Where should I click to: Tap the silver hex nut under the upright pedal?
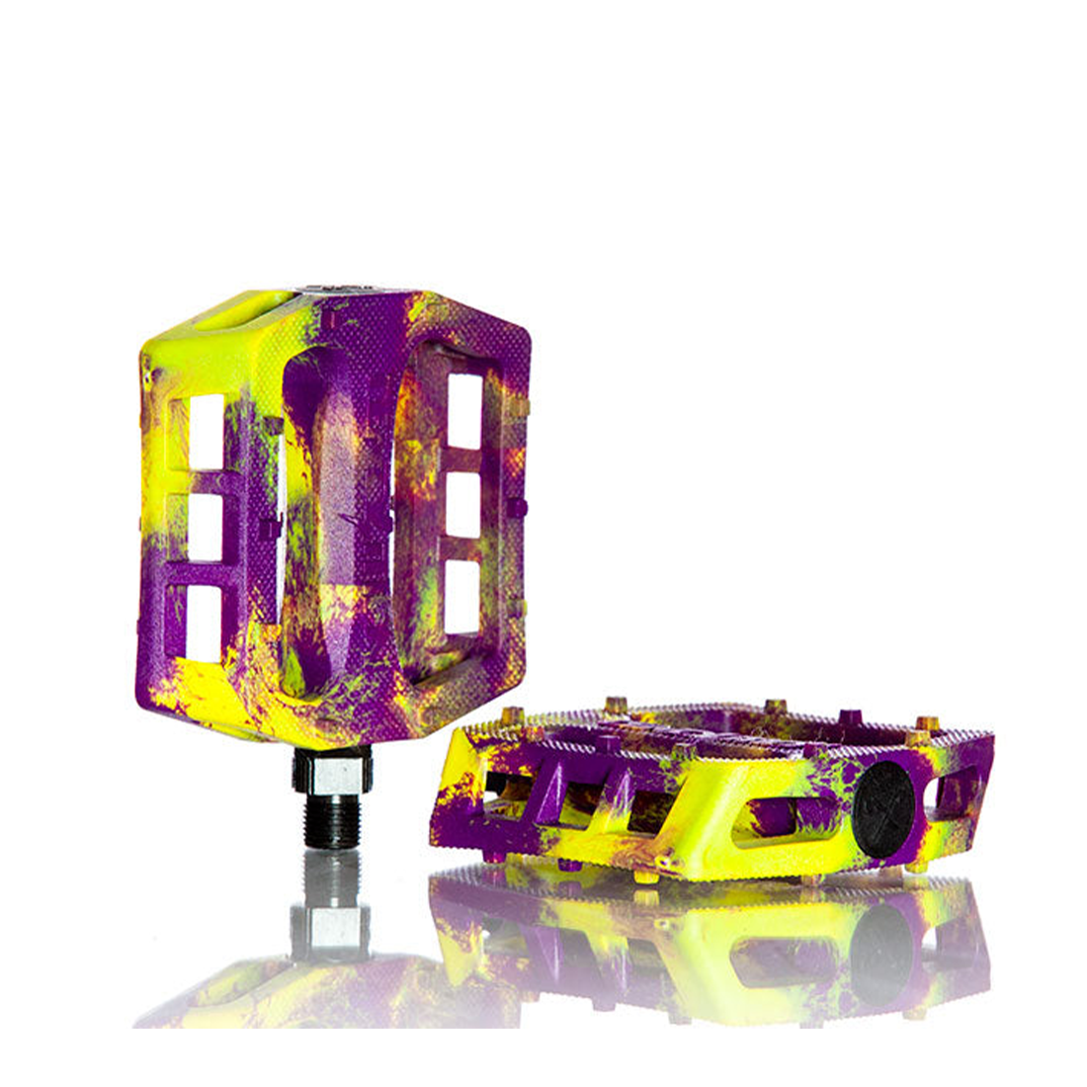[332, 770]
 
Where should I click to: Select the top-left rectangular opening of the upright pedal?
[206, 432]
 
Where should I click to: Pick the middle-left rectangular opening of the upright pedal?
[206, 527]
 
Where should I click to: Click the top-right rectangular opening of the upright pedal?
[463, 407]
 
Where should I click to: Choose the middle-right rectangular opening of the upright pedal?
[462, 504]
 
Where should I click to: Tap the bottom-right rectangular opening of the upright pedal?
[461, 597]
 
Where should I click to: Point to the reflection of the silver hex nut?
[332, 924]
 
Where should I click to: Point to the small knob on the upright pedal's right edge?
[523, 508]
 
